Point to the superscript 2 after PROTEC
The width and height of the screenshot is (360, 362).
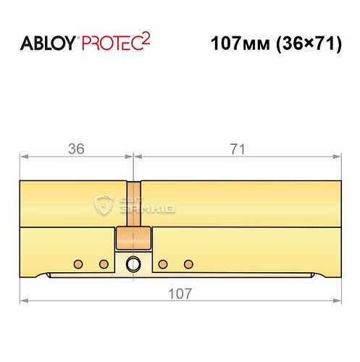[x=146, y=38]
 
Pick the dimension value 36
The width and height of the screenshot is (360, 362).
[x=76, y=149]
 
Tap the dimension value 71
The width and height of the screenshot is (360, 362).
[x=237, y=149]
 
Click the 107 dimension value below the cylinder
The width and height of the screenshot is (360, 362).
[x=179, y=293]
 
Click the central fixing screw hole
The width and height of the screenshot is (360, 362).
[x=133, y=264]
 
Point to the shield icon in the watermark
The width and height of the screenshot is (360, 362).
[x=104, y=206]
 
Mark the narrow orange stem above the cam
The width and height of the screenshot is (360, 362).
[x=133, y=203]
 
